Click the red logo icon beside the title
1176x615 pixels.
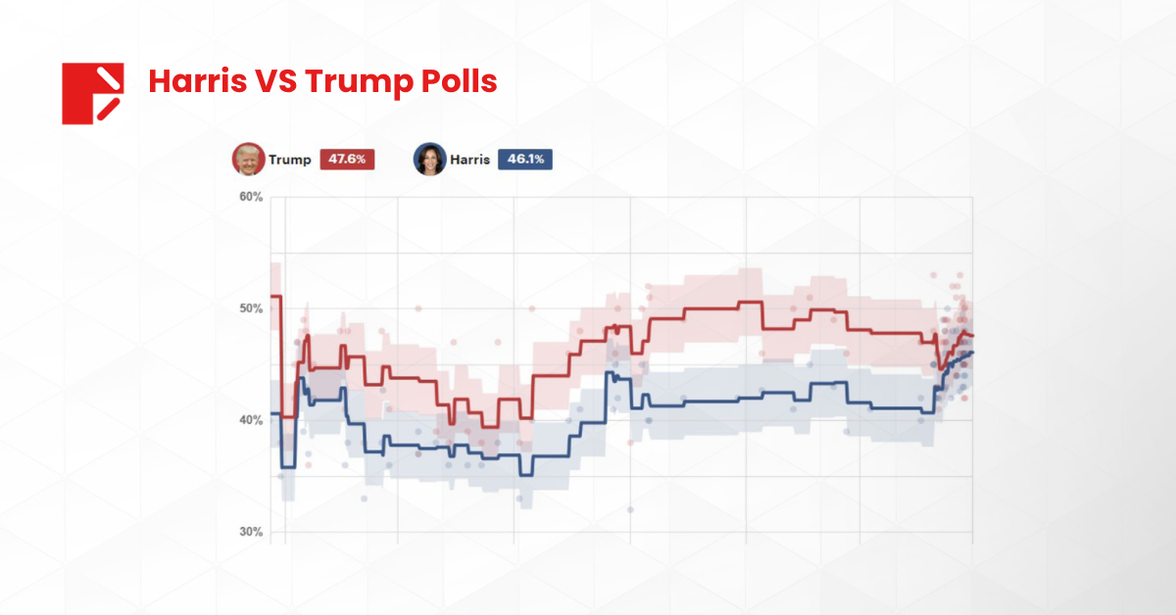(x=92, y=93)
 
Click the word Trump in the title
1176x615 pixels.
(x=354, y=82)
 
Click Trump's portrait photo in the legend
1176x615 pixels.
(x=248, y=160)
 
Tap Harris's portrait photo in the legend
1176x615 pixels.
(x=429, y=160)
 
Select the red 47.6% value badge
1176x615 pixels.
(x=347, y=160)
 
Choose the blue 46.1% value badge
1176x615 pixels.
(x=524, y=160)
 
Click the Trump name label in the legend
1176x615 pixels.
(x=290, y=160)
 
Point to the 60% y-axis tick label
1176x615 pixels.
(x=251, y=197)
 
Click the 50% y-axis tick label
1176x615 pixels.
(x=251, y=308)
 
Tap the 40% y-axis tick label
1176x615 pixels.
(x=251, y=420)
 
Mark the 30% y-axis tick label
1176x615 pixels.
(x=251, y=532)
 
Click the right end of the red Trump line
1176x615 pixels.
(x=971, y=337)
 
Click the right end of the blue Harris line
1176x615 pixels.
(x=971, y=353)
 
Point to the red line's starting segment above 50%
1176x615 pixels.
(x=276, y=296)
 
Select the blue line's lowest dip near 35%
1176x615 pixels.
(x=525, y=475)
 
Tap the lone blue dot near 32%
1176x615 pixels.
(x=630, y=509)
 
